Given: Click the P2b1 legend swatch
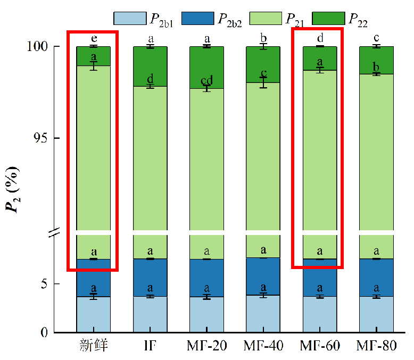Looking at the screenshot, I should [129, 18].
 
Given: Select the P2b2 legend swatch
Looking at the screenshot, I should [197, 18].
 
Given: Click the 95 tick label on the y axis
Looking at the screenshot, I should [42, 138].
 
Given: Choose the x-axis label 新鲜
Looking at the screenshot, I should [93, 346].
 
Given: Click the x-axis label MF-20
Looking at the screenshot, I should [206, 346].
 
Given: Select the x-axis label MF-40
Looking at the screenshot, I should [263, 346].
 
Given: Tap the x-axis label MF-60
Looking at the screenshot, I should [319, 346].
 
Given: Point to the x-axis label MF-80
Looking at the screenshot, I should [376, 346].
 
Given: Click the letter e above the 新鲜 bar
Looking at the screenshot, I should [94, 38].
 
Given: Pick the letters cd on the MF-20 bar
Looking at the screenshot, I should [206, 80].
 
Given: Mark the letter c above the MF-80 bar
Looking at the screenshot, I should [376, 38].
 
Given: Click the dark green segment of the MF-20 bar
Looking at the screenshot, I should [206, 66].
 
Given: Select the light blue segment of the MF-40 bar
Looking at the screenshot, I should [263, 314].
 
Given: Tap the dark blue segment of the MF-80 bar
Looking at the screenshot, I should [376, 277].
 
